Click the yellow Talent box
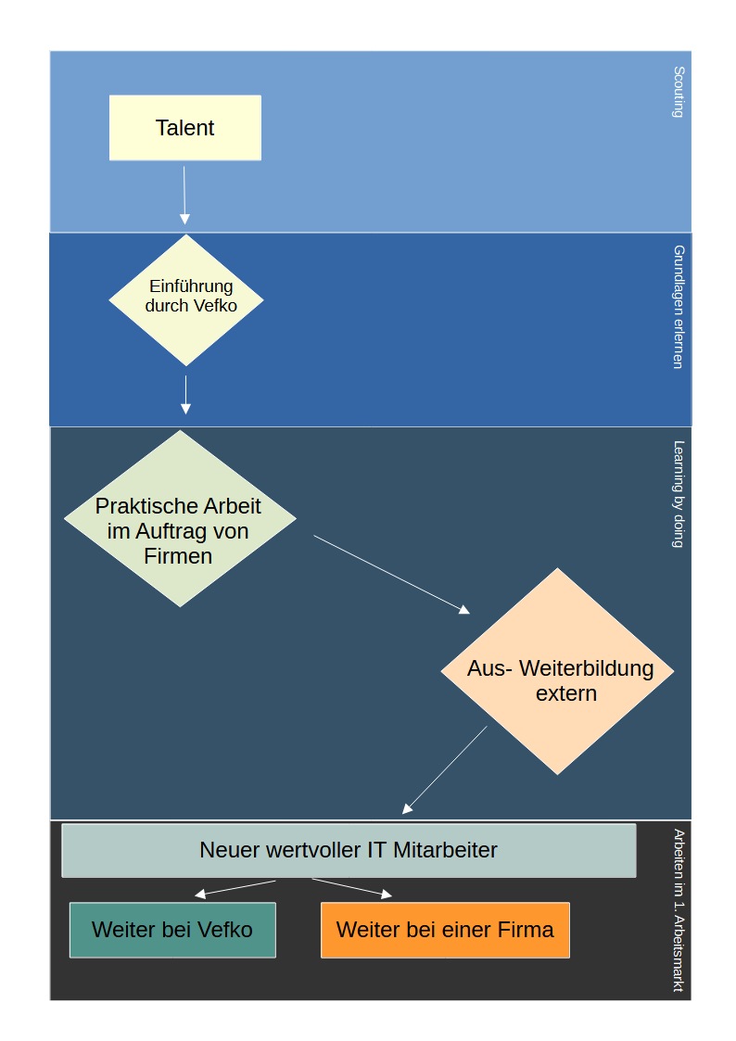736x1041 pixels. tap(185, 128)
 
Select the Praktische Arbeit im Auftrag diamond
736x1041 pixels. tap(180, 519)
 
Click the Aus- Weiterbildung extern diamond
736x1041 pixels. tap(557, 671)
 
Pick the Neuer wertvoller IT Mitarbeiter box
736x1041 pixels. tap(349, 850)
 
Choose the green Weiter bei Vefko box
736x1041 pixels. tap(172, 930)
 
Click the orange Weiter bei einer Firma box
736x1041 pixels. tap(445, 930)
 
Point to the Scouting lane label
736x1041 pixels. tap(679, 92)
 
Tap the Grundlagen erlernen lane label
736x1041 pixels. tap(679, 307)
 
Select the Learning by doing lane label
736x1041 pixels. tap(679, 493)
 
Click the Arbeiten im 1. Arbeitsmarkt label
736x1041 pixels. tap(679, 910)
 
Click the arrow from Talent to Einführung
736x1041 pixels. tap(184, 195)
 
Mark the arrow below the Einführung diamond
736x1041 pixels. tap(185, 394)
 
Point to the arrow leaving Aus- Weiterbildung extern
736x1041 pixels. tap(445, 769)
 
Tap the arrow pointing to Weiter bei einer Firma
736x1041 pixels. tap(352, 887)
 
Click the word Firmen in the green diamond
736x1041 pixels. tap(179, 556)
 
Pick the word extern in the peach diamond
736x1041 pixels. tap(566, 692)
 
